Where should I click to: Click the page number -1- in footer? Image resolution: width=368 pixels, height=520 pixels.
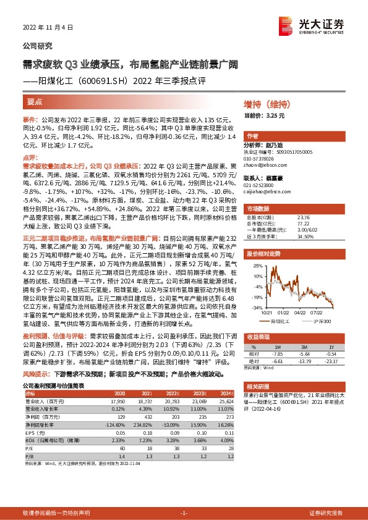pos(183,513)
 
